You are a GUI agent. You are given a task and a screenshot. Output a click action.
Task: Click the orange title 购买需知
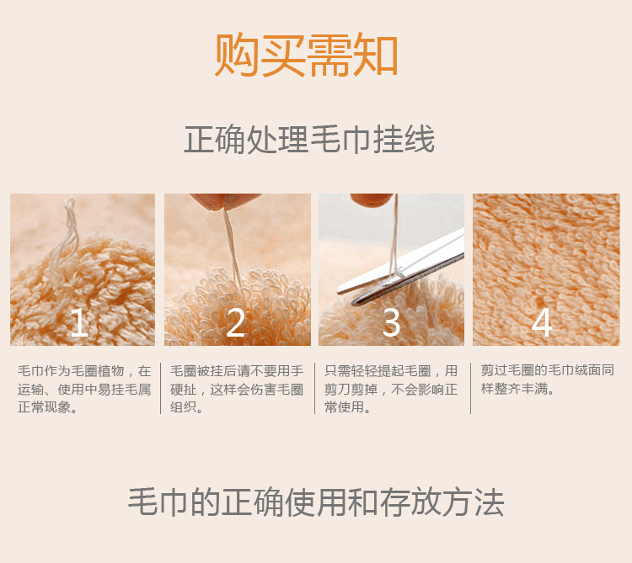click(307, 56)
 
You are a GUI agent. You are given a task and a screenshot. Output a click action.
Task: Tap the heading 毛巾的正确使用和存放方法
click(316, 502)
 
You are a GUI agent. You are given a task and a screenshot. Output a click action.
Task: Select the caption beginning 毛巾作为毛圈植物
click(84, 389)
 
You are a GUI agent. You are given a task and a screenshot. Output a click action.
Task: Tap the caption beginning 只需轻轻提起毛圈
click(391, 389)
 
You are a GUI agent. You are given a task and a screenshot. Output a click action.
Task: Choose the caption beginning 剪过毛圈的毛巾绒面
click(547, 380)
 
